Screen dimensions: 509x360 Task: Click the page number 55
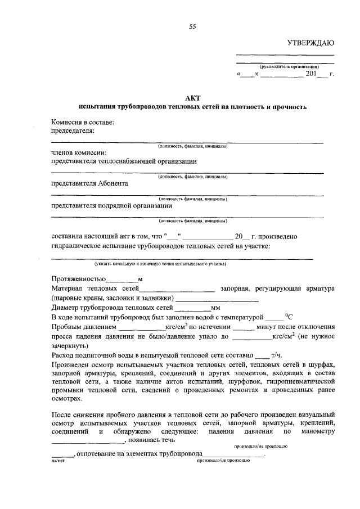point(192,26)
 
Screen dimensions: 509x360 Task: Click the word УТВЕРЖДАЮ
point(310,43)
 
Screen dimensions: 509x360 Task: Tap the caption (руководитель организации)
point(285,66)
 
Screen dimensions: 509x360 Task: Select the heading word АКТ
point(192,97)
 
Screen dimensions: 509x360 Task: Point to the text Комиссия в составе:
point(82,122)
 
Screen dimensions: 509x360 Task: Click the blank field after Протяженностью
point(122,279)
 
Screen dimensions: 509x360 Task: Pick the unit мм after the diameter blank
point(215,308)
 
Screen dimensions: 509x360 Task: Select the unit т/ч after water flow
point(276,355)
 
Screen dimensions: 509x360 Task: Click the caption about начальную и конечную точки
point(160,263)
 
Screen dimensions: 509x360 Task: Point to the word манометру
point(318,431)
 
